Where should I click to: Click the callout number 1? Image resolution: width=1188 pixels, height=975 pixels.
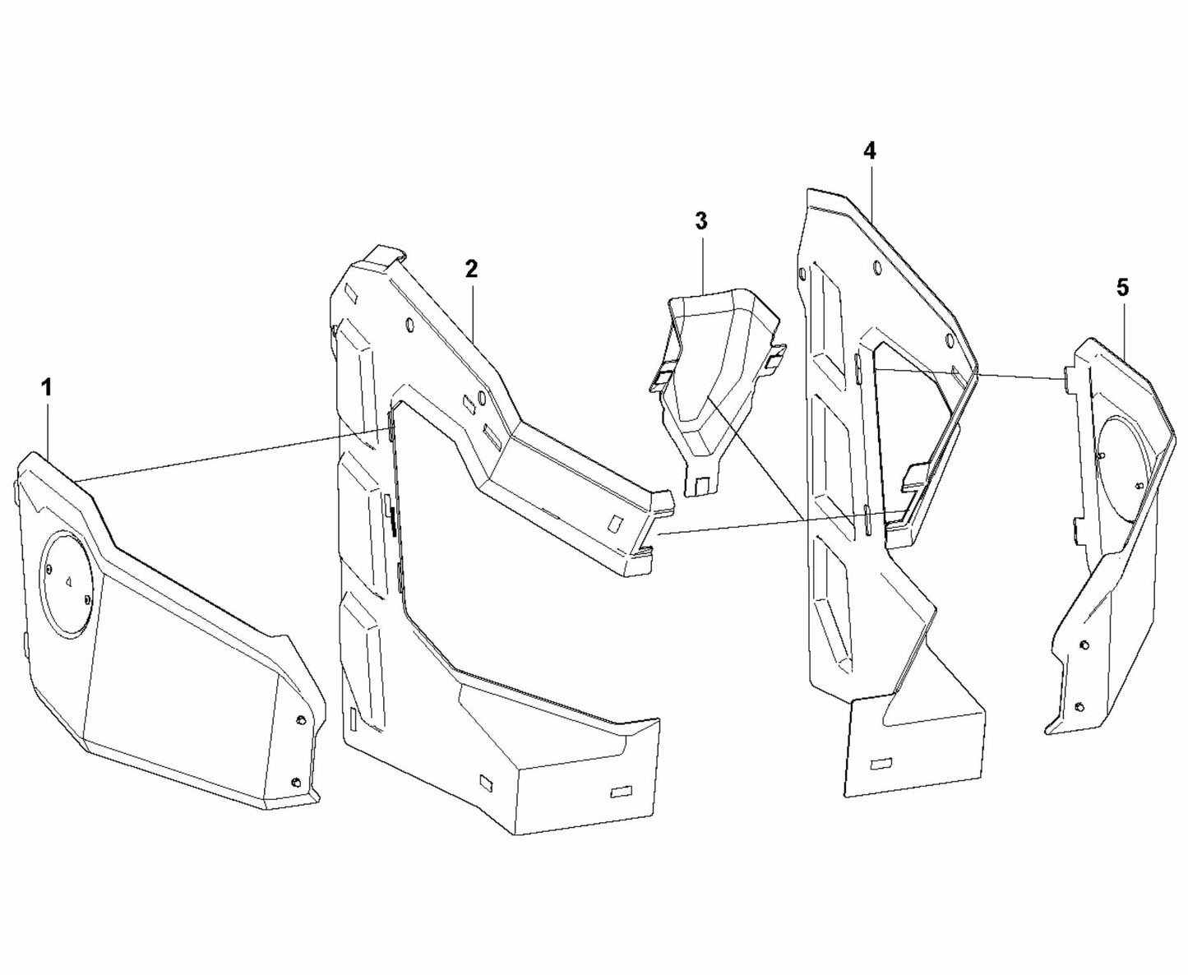click(47, 387)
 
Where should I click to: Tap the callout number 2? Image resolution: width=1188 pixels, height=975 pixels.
click(471, 269)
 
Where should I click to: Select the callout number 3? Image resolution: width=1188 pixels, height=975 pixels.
click(700, 220)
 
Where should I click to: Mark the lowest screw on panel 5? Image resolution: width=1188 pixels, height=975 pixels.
click(1079, 707)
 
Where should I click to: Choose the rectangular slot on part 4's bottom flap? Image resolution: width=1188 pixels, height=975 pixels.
click(881, 764)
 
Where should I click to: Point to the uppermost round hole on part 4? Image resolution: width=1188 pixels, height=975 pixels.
click(876, 267)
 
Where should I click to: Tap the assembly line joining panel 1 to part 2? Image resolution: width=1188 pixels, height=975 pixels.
click(230, 457)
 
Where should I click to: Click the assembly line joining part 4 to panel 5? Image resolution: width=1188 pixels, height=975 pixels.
click(970, 374)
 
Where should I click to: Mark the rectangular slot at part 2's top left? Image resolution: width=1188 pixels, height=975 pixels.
click(349, 292)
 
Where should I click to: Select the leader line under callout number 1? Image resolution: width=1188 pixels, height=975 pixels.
click(49, 427)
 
